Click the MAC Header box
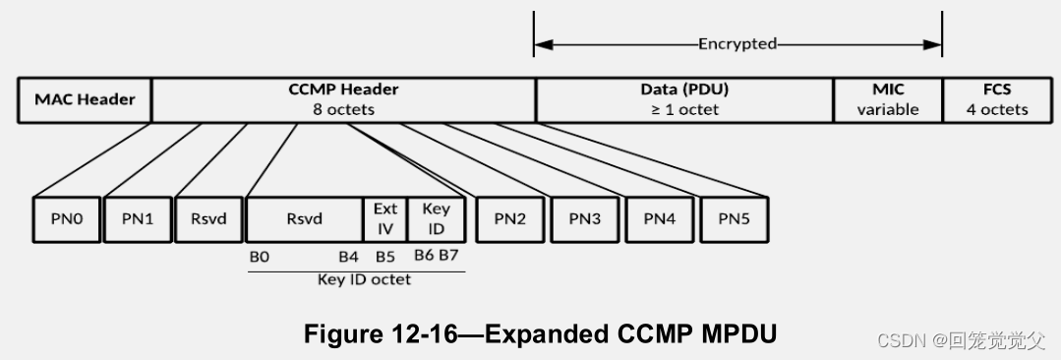[x=85, y=99]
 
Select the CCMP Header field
[x=343, y=99]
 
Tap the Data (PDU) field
[x=684, y=99]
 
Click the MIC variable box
[x=887, y=99]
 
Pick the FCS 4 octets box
[x=996, y=99]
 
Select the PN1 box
[x=137, y=218]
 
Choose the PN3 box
[x=584, y=218]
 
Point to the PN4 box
[x=659, y=218]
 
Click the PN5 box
[x=734, y=218]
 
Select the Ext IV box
[x=384, y=218]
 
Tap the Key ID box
[x=436, y=218]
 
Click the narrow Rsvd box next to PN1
[x=208, y=218]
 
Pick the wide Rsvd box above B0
[x=304, y=218]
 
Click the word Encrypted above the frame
[x=737, y=44]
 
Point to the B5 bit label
[x=384, y=256]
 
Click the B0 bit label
[x=259, y=256]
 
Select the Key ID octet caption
[x=364, y=279]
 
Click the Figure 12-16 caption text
[x=540, y=334]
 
